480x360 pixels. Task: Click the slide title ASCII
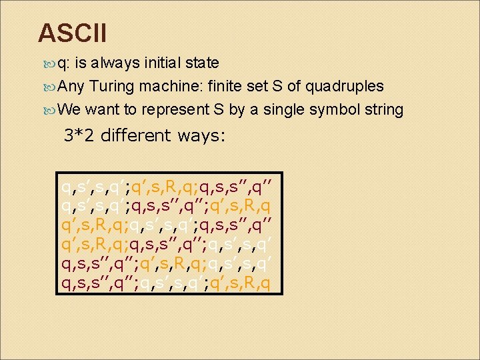[72, 32]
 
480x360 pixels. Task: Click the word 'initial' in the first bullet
[161, 63]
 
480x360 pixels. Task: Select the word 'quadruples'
[347, 86]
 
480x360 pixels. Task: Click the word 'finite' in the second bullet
[226, 86]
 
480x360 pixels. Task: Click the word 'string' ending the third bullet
[383, 109]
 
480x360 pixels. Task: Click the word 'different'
[136, 135]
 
